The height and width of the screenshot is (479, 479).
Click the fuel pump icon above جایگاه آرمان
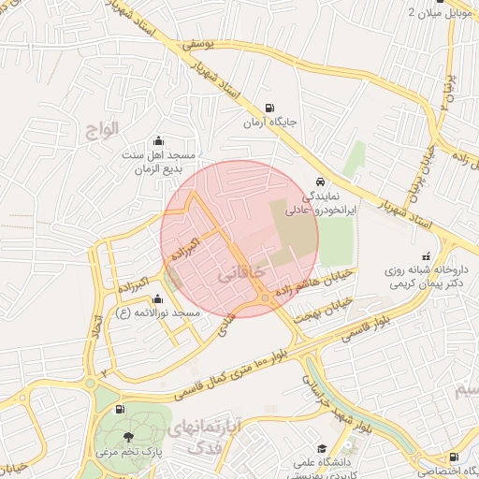pyautogui.click(x=270, y=108)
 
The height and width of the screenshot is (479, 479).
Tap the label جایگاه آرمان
pyautogui.click(x=270, y=123)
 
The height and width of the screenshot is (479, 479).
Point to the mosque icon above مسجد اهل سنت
pyautogui.click(x=156, y=139)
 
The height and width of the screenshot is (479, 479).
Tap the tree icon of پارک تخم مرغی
pyautogui.click(x=128, y=436)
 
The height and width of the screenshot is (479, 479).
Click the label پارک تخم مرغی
pyautogui.click(x=128, y=452)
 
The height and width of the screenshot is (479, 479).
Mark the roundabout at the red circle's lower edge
pyautogui.click(x=268, y=298)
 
